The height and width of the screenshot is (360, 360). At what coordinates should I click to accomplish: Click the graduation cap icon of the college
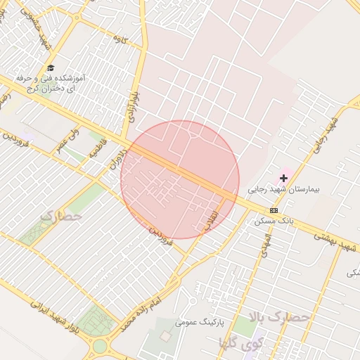[50, 67]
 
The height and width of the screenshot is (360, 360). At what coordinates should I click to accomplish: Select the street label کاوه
[121, 41]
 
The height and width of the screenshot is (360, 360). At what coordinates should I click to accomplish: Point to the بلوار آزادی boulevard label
[131, 103]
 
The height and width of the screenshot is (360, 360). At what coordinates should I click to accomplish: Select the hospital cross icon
[283, 179]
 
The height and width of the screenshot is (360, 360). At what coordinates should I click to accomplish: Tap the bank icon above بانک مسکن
[274, 210]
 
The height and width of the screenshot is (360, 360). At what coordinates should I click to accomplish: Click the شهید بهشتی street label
[336, 240]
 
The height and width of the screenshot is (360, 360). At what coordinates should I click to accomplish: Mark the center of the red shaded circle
[180, 179]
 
